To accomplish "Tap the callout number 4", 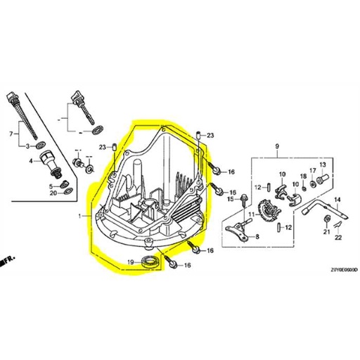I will click(x=32, y=161).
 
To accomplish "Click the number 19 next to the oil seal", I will click(x=130, y=262).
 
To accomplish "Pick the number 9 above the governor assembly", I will click(x=277, y=147).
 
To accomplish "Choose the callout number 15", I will click(x=229, y=200).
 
